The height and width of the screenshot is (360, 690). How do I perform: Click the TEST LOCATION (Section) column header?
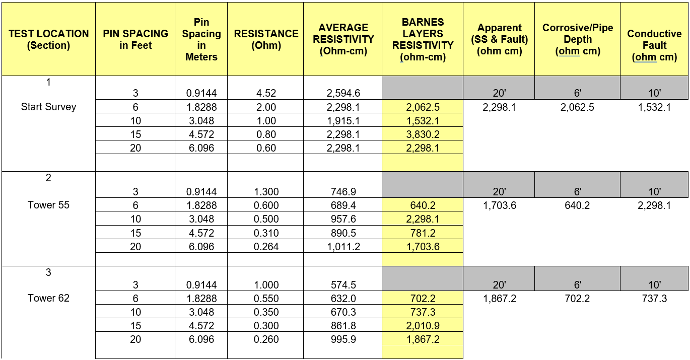(x=48, y=39)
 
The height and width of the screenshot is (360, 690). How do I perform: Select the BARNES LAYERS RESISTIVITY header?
(x=423, y=39)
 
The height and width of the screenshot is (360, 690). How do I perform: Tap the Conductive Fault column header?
(x=654, y=45)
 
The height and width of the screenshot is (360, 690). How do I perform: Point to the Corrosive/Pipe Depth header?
(x=577, y=39)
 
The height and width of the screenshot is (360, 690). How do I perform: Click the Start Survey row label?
(x=48, y=107)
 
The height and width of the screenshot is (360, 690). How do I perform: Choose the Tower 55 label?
(x=48, y=205)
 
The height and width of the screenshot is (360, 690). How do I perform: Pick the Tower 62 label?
(x=48, y=299)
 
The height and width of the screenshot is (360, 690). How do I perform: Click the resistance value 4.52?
(x=266, y=93)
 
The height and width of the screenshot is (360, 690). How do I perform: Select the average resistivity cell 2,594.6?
(x=343, y=93)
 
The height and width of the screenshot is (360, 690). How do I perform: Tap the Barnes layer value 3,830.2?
(x=423, y=134)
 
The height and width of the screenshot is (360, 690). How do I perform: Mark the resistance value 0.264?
(x=266, y=247)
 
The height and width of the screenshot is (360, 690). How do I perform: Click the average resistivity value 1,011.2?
(x=343, y=247)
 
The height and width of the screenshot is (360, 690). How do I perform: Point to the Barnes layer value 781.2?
(x=423, y=233)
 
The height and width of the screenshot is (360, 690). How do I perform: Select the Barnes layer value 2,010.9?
(x=423, y=326)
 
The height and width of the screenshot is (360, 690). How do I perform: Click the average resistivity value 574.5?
(x=343, y=285)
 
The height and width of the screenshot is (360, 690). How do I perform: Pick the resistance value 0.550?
(x=266, y=299)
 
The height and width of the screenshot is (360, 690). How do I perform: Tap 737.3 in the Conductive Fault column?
(x=654, y=299)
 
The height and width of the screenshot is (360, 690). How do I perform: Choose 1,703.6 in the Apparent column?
(x=499, y=205)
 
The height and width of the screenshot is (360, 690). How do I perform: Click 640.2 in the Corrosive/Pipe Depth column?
(x=577, y=205)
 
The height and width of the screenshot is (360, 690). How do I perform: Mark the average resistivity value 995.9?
(x=343, y=339)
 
